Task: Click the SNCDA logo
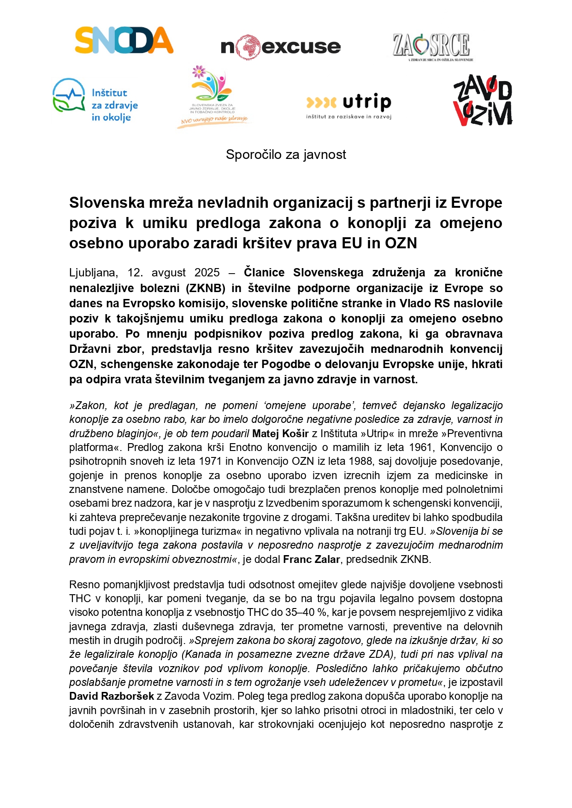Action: click(124, 40)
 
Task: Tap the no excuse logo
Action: click(281, 47)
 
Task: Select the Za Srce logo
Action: click(432, 47)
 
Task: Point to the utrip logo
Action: click(349, 105)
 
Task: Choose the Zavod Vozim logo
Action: click(482, 101)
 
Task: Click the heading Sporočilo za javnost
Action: click(286, 155)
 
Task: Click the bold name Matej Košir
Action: click(280, 433)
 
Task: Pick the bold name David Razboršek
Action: click(112, 696)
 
